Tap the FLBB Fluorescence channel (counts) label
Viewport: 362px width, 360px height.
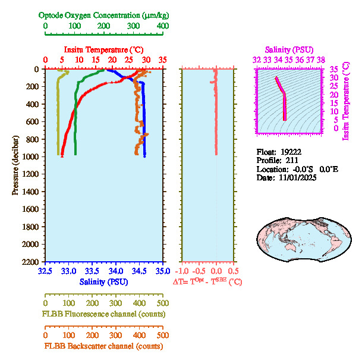coord(103,314)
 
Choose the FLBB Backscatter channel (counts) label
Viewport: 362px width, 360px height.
coord(103,346)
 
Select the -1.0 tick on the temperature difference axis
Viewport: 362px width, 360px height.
coord(182,271)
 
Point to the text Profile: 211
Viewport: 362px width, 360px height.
coord(277,160)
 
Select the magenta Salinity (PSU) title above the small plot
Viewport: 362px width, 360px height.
coord(288,49)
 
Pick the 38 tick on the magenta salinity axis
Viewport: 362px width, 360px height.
coord(320,60)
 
